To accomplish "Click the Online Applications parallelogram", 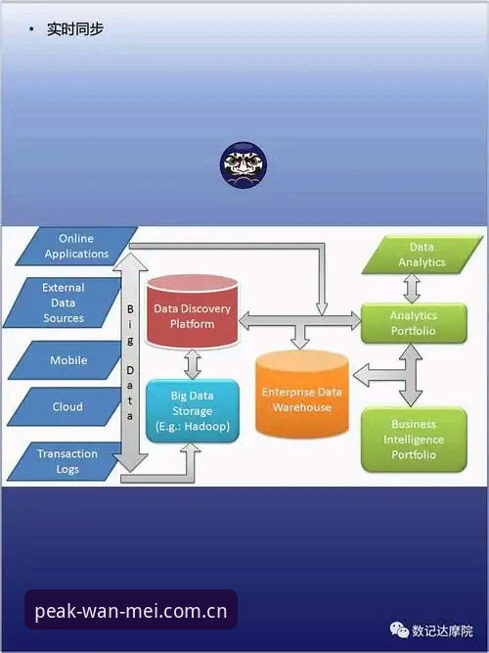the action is coord(76,246).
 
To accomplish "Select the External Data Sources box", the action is coord(64,303).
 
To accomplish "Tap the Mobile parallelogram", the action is coord(67,360).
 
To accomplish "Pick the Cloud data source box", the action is coord(67,406).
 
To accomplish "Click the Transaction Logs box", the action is coord(67,461).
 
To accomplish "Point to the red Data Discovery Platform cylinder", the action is coord(193,311).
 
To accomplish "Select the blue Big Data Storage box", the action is coord(193,411).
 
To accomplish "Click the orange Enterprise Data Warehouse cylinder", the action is coord(302,395).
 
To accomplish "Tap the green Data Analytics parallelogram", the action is coord(422,255).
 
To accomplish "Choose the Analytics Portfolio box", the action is coord(414,323).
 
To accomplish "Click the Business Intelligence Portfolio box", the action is coord(414,440).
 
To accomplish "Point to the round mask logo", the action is coord(244,164).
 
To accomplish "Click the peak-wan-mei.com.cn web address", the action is coord(131,611).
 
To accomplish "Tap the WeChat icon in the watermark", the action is coord(399,630).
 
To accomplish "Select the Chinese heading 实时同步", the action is coord(75,29).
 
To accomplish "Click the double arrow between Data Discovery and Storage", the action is coord(193,364).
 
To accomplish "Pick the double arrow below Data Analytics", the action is coord(412,289).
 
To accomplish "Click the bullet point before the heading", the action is coord(31,29).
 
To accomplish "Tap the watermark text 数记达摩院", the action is coord(442,630).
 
